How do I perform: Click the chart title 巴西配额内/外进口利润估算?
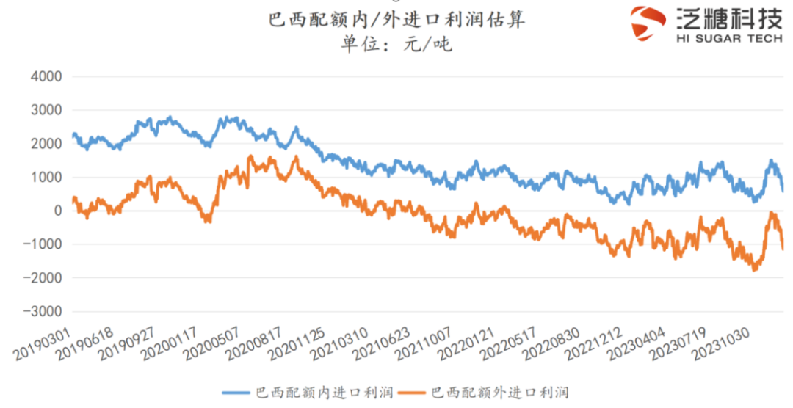tap(397, 20)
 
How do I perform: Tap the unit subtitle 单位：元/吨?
tap(396, 45)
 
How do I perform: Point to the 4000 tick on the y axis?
tap(46, 76)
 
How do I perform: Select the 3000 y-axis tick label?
tap(46, 110)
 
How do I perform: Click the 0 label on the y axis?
tap(57, 211)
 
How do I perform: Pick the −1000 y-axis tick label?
tap(42, 244)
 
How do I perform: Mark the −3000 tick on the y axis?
tap(42, 311)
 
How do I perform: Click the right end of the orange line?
tap(783, 249)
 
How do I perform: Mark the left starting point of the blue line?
tap(73, 135)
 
